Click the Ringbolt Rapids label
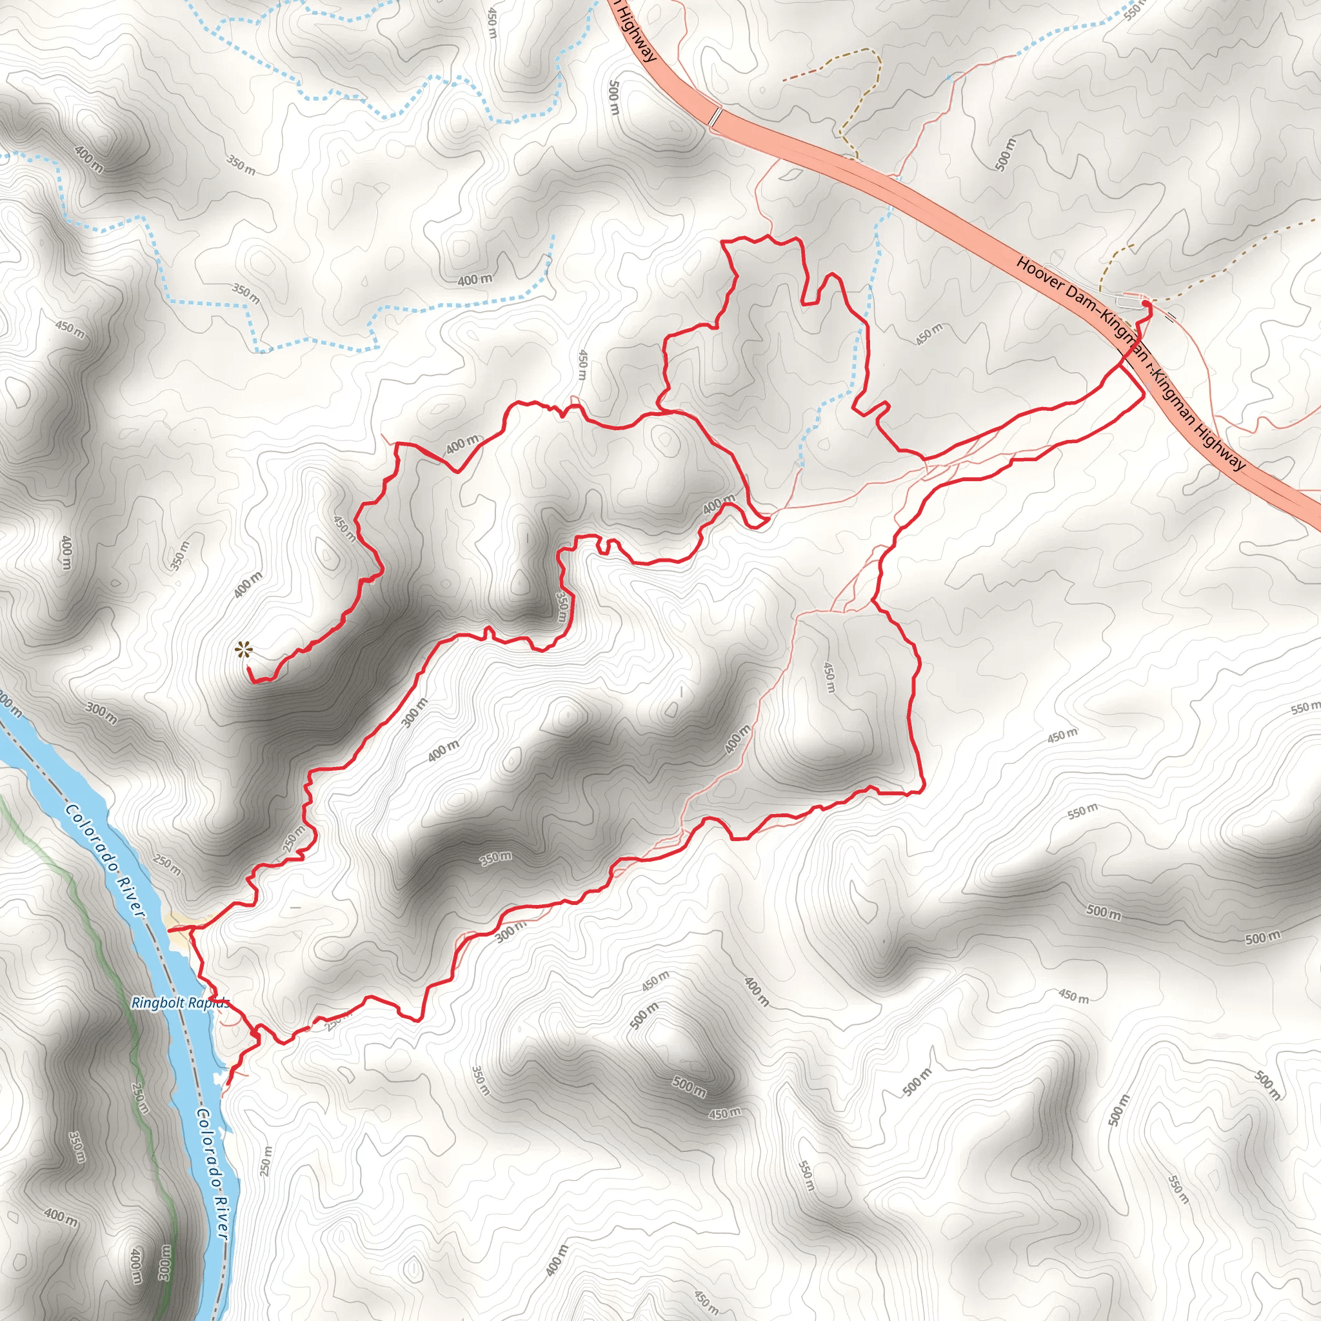(x=180, y=1003)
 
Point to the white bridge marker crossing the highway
(x=715, y=116)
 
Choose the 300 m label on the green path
(x=164, y=1262)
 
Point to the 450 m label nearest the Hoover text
(x=929, y=333)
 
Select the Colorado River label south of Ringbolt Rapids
(x=212, y=1172)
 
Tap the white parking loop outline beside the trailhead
(x=1128, y=301)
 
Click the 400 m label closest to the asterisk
(x=247, y=585)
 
